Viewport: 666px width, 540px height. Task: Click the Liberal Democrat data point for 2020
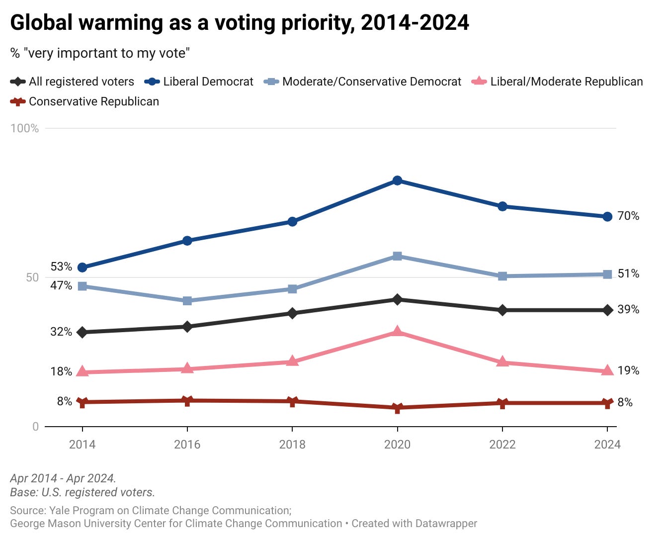click(x=397, y=180)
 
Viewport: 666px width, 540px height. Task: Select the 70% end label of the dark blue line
click(x=628, y=216)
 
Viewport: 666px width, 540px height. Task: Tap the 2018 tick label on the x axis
click(x=292, y=444)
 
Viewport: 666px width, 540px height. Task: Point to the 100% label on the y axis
click(x=25, y=128)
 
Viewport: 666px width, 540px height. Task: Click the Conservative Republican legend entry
click(x=85, y=101)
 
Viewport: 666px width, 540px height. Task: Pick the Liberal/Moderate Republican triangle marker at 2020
click(x=397, y=331)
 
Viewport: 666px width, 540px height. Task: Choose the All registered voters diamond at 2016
click(x=187, y=327)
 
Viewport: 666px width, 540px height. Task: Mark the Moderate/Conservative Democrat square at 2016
click(x=187, y=301)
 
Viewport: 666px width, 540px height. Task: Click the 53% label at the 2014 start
click(x=61, y=267)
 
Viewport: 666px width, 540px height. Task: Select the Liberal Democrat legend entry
click(x=199, y=82)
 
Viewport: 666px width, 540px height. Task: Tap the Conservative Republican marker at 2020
click(x=397, y=408)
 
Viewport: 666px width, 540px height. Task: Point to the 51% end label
click(x=628, y=273)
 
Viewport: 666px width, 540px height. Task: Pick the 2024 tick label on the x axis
click(x=607, y=444)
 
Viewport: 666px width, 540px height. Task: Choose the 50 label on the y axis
click(x=32, y=277)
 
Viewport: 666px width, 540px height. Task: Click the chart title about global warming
click(x=240, y=23)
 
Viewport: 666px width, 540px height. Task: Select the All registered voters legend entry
click(x=73, y=82)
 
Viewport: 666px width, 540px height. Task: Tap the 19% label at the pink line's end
click(x=628, y=370)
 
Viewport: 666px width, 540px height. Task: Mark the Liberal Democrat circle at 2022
click(x=502, y=206)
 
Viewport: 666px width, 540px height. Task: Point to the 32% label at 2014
click(x=61, y=332)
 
